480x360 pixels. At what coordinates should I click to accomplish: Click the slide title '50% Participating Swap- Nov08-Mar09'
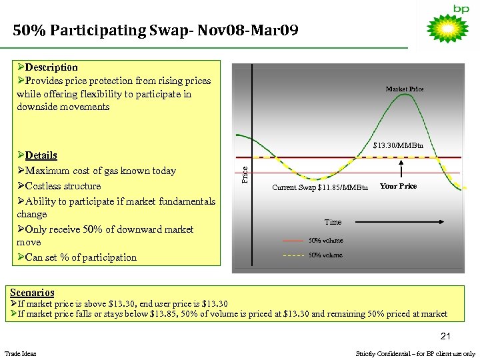point(156,31)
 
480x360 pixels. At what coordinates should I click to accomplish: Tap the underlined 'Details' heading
point(41,155)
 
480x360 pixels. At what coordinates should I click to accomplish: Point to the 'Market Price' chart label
point(404,89)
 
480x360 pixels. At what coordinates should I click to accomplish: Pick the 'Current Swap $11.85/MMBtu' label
point(320,188)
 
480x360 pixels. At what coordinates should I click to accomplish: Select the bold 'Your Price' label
point(398,187)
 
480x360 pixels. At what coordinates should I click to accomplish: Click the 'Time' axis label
point(333,222)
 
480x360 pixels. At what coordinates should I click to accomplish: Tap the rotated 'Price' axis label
point(245,175)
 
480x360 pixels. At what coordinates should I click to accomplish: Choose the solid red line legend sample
point(293,240)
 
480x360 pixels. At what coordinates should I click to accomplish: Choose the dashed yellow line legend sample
point(293,255)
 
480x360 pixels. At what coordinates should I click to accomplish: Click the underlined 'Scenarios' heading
point(33,292)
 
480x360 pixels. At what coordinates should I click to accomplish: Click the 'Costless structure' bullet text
point(63,186)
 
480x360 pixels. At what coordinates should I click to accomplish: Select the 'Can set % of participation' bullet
point(81,257)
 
